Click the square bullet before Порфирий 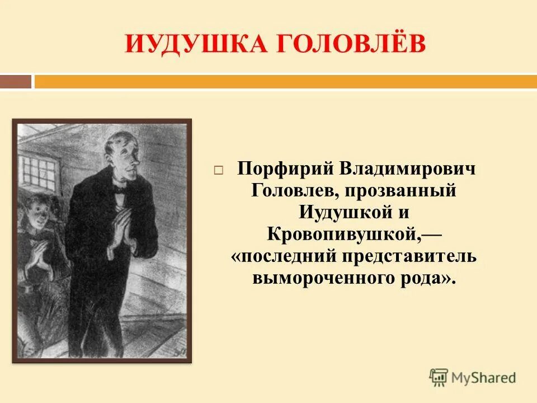[x=219, y=169]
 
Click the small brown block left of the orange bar [x=16, y=82]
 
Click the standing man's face [x=125, y=160]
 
